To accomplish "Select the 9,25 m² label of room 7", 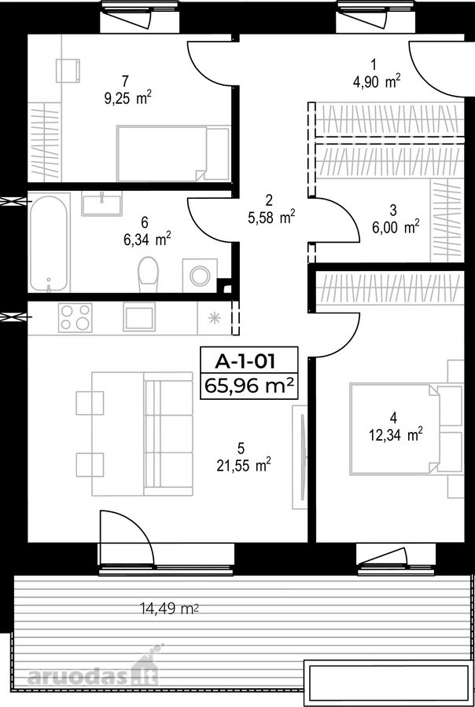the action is pos(127,99).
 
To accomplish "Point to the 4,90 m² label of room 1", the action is pos(377,82).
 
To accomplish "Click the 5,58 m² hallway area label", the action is pos(271,218).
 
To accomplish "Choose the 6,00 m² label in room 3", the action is pos(396,228).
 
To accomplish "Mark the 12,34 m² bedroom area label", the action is pos(396,435).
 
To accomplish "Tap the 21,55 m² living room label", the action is pos(244,465).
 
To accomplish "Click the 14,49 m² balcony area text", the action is pos(170,609).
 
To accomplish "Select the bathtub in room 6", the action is pos(49,244).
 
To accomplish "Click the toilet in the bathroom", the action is pos(148,275).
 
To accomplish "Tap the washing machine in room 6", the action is pos(200,276).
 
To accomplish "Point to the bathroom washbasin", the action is pos(101,203).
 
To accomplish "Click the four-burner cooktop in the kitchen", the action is pos(75,317).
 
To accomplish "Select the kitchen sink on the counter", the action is pos(139,317).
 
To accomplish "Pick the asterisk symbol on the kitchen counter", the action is pos(215,318).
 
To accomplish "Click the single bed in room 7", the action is pos(173,153).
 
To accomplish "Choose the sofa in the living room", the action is pos(168,434).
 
